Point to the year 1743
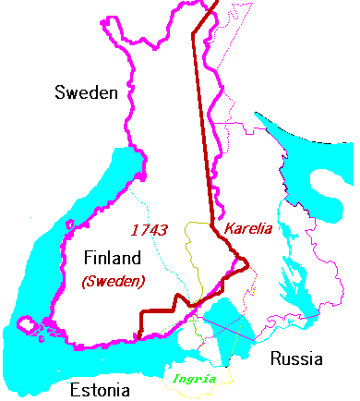tap(149, 228)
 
